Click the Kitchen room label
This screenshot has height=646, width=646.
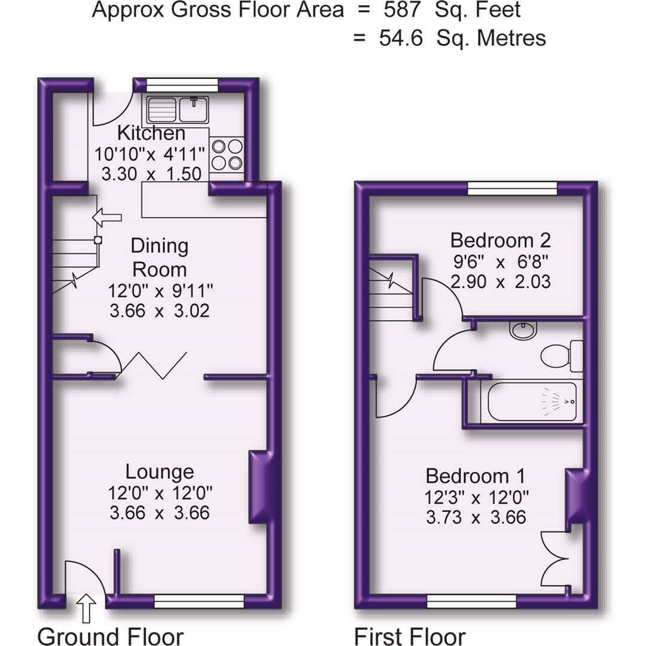151,132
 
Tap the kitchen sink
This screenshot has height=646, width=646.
178,109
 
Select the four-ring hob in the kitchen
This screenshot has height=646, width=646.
227,154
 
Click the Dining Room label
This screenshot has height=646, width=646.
160,257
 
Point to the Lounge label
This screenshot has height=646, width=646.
160,472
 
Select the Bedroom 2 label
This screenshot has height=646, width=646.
500,240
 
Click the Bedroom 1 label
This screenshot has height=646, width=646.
476,476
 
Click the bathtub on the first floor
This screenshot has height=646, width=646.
532,401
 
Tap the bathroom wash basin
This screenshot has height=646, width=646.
523,329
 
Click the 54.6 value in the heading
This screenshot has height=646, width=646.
401,38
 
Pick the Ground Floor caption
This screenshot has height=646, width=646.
110,636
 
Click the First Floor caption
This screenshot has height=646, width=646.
410,636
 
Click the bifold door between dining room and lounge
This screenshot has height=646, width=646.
154,365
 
